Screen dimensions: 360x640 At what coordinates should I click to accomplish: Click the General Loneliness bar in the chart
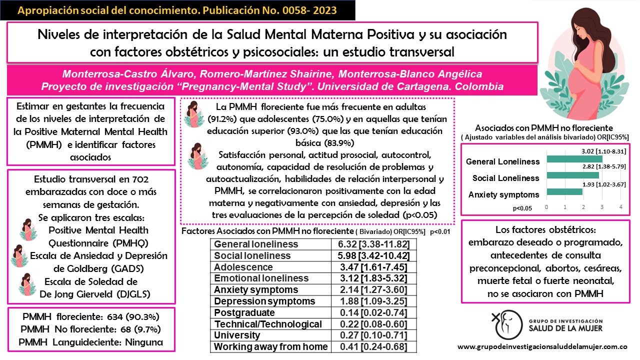pos(574,159)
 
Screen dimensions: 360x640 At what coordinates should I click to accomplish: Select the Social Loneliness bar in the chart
pos(572,175)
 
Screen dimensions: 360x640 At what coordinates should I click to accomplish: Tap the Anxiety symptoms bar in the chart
pos(564,192)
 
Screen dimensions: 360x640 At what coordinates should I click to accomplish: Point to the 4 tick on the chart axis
pos(620,207)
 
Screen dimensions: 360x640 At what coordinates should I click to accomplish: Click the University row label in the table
pos(234,335)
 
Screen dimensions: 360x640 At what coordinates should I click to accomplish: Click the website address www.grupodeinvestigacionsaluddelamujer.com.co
pos(542,346)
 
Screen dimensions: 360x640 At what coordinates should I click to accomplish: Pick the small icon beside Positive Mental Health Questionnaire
pos(27,230)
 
